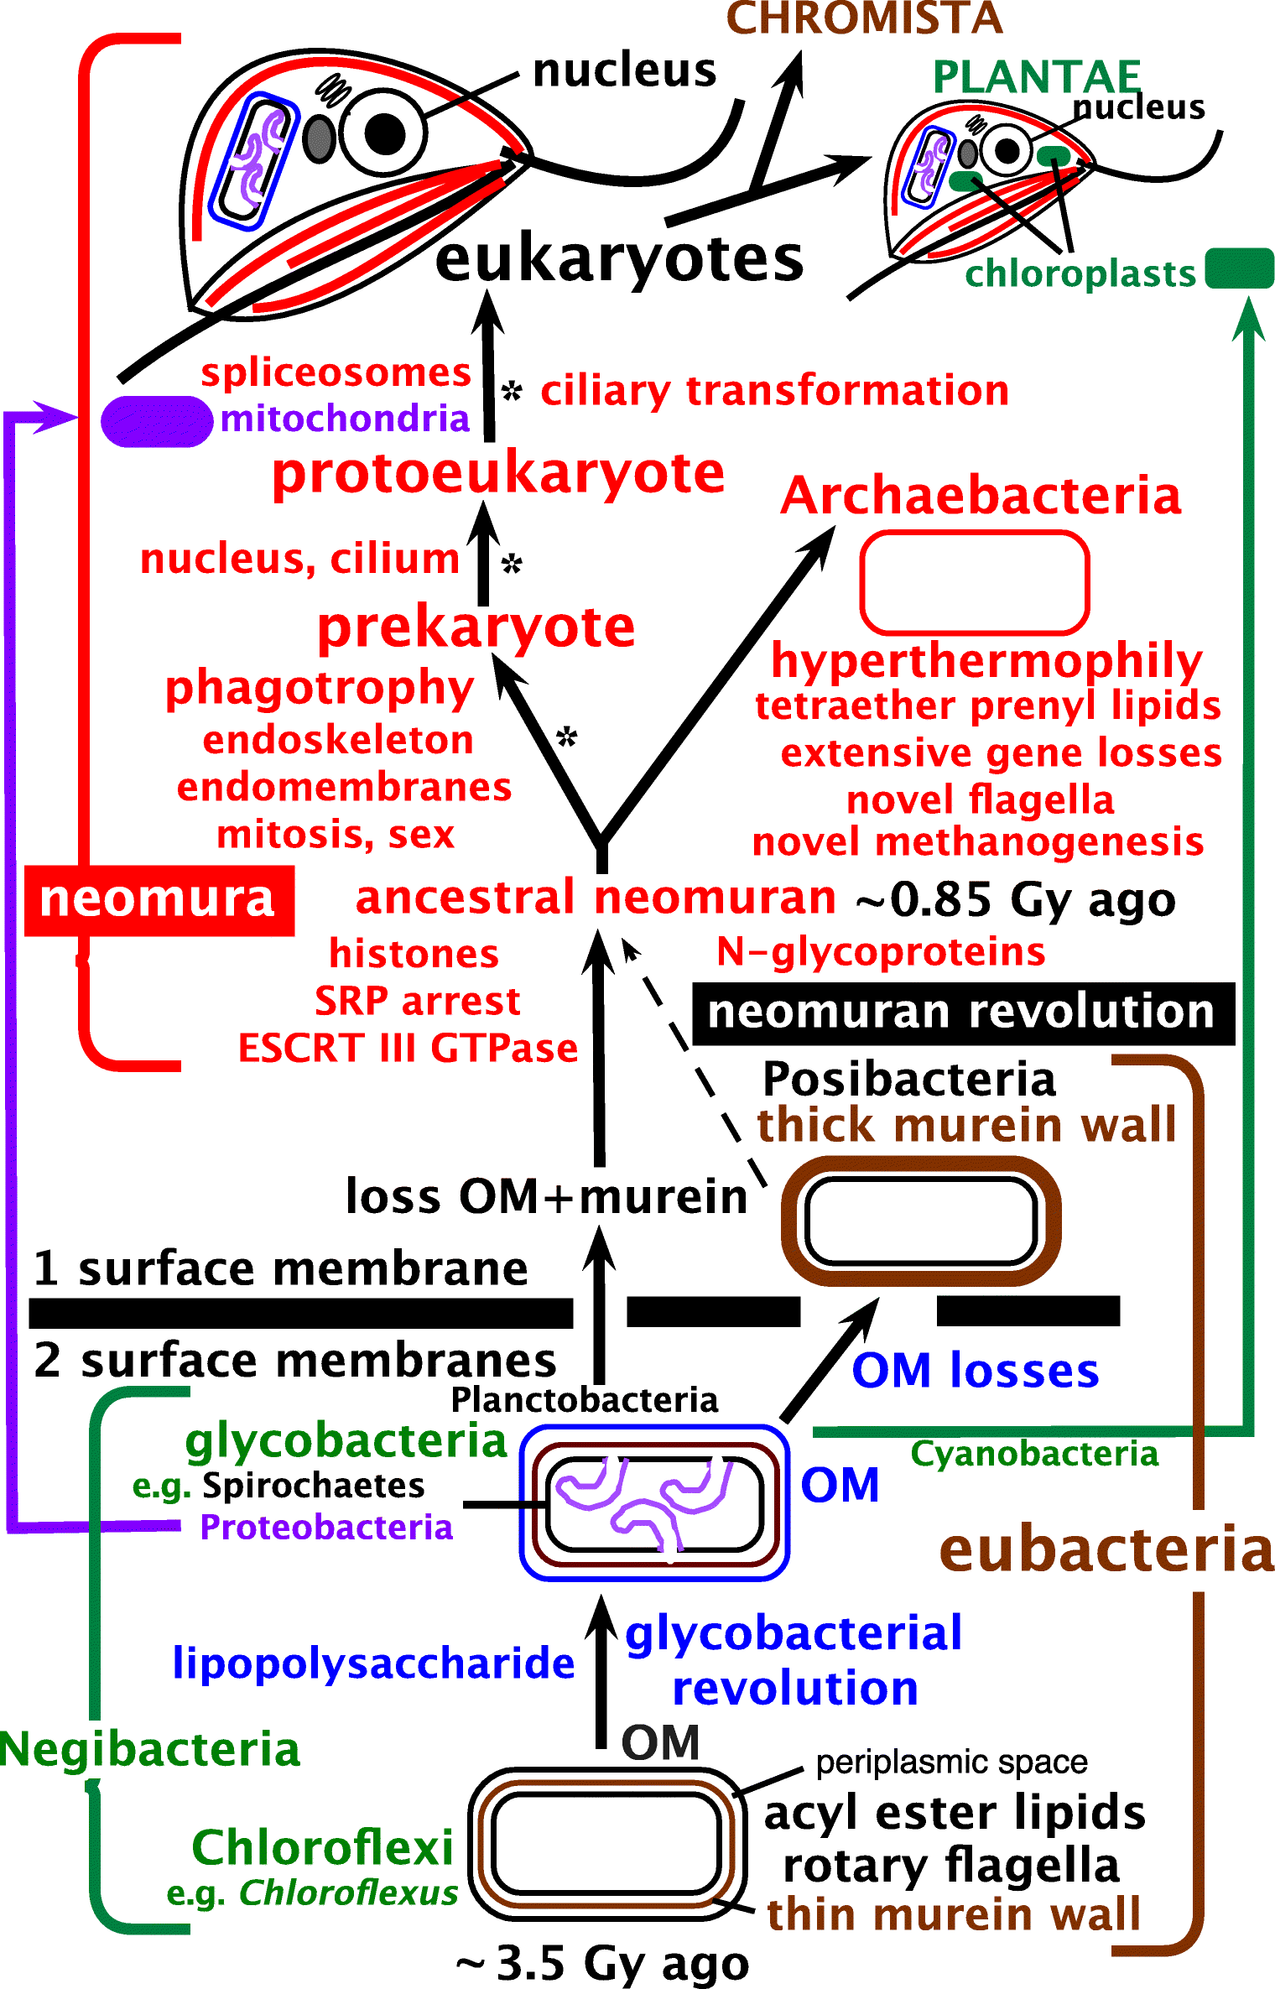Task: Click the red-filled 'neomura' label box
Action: (159, 900)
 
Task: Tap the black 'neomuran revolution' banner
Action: (962, 1013)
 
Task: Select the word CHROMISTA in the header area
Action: (864, 18)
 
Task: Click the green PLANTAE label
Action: (1036, 77)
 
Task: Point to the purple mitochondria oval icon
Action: (156, 421)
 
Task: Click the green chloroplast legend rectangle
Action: (1239, 269)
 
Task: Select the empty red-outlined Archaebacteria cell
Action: (974, 582)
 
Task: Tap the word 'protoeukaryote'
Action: (498, 473)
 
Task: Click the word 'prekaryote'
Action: (476, 627)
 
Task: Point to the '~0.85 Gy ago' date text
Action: (1015, 900)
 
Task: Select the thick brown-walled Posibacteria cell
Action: (920, 1221)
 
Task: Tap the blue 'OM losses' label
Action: (975, 1371)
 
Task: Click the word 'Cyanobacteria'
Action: (1034, 1454)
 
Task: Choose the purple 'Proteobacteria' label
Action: (326, 1527)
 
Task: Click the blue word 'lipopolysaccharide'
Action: (373, 1663)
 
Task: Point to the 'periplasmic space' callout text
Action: (951, 1762)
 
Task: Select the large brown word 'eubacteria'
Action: (1106, 1549)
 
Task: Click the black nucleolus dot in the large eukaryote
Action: (385, 133)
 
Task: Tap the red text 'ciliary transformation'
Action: (774, 391)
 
